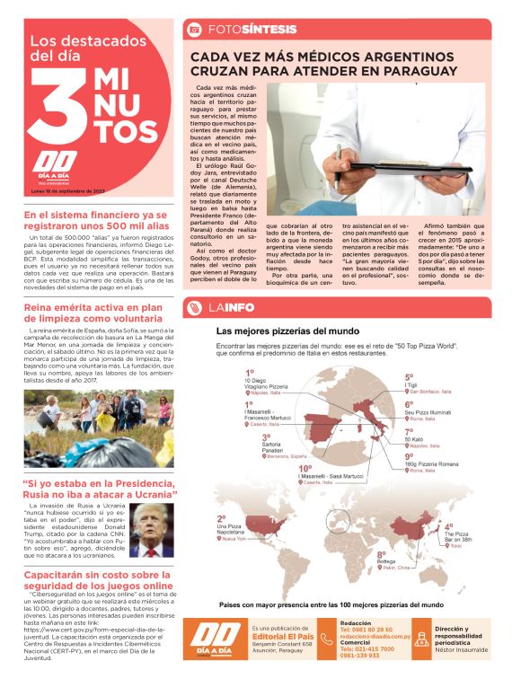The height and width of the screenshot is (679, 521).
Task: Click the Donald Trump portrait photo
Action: coord(152,528)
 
